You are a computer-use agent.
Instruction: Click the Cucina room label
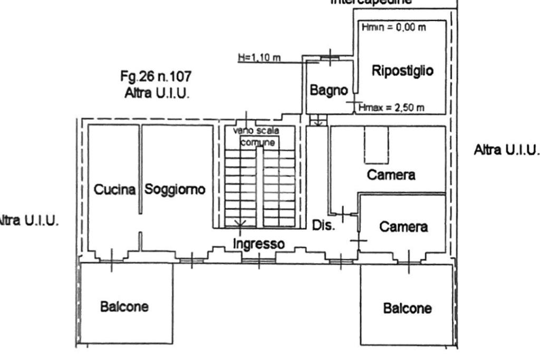(114, 190)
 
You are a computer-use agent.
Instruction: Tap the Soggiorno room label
(175, 189)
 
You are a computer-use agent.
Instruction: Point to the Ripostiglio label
(402, 71)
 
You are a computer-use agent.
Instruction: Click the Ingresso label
(258, 244)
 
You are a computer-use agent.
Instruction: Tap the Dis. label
(323, 225)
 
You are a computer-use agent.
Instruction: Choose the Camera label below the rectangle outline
(391, 175)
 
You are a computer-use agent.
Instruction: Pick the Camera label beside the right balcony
(403, 227)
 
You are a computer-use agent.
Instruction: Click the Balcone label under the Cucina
(124, 306)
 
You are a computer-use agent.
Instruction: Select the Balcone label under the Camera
(408, 308)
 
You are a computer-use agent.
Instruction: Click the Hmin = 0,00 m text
(393, 27)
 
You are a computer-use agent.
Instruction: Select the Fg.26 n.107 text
(156, 77)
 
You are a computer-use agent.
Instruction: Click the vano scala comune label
(258, 136)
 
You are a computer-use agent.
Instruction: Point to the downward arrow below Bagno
(317, 123)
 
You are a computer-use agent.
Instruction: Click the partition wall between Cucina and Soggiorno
(141, 169)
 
